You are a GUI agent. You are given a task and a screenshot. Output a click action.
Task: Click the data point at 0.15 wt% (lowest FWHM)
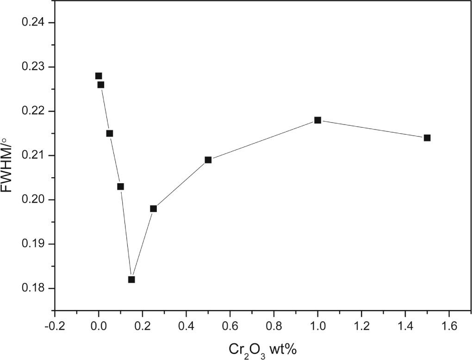(131, 279)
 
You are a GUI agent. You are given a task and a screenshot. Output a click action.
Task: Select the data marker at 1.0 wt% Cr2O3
(317, 120)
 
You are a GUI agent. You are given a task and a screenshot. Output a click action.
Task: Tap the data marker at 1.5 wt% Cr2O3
(427, 138)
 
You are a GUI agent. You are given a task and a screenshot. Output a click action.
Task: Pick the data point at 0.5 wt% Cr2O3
(208, 160)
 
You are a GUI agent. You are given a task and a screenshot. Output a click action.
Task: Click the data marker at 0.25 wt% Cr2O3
(153, 209)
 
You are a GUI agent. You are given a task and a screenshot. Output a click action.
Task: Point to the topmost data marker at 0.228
(99, 76)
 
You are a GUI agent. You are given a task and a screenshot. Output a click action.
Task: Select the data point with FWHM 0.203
(120, 187)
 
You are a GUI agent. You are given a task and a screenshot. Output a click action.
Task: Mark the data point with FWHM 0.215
(110, 134)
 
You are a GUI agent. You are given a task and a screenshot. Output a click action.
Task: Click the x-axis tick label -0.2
(55, 325)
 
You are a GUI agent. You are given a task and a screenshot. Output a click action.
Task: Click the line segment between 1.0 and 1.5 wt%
(373, 129)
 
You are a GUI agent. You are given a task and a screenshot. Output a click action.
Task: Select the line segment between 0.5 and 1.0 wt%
(263, 140)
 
